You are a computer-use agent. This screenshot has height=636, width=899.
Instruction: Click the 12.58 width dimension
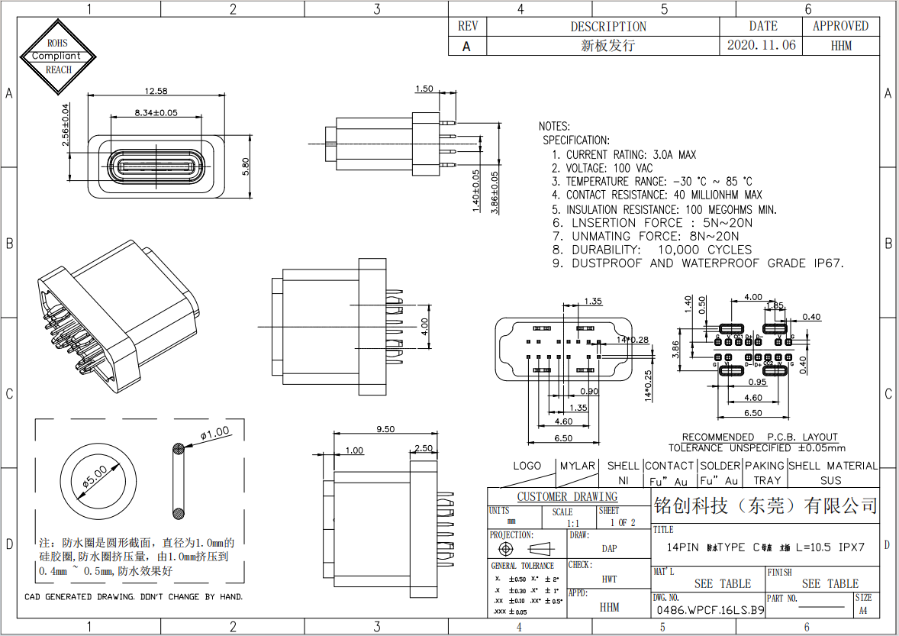tap(156, 92)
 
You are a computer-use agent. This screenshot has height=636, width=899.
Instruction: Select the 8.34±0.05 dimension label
tap(156, 112)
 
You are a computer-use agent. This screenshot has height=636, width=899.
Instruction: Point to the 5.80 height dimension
tap(245, 166)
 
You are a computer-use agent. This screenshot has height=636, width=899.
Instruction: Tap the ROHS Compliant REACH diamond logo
tap(59, 56)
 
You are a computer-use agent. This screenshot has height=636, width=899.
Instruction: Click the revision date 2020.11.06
tap(761, 45)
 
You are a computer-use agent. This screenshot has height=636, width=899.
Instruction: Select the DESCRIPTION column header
tap(608, 26)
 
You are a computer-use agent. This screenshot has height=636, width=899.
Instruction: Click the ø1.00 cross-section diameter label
tap(214, 433)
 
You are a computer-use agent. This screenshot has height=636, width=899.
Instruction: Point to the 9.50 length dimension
tap(385, 429)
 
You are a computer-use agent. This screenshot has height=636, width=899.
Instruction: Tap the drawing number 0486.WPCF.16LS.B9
tap(710, 610)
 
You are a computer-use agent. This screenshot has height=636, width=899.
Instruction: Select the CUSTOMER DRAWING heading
tap(567, 497)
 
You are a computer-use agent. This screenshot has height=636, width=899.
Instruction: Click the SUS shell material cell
tap(831, 480)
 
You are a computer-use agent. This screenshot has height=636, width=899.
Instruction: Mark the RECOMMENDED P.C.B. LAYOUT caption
tap(759, 437)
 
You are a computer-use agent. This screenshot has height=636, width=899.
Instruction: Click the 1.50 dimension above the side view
tap(424, 89)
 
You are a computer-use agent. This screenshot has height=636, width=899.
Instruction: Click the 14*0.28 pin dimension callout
tap(633, 339)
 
